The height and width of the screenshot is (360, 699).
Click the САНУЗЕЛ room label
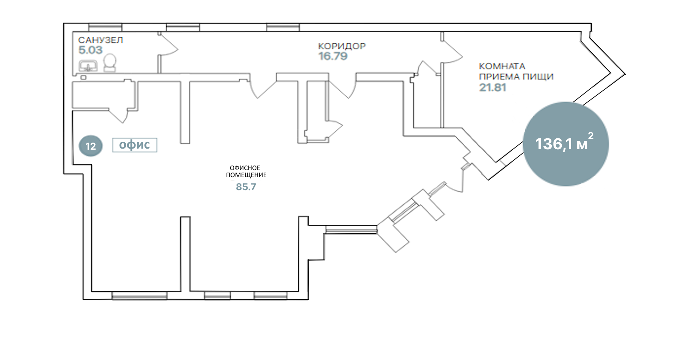[x=101, y=40]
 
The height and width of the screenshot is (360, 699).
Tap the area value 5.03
[x=90, y=50]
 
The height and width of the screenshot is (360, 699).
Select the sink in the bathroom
[x=88, y=66]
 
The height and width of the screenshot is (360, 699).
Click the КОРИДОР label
[x=342, y=46]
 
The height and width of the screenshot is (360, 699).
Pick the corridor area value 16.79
[x=333, y=56]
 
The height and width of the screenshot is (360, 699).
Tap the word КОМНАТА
[x=502, y=66]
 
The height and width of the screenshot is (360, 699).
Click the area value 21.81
[x=492, y=87]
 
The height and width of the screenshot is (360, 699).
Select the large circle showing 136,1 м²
[x=566, y=144]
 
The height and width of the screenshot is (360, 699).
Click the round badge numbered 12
[x=91, y=146]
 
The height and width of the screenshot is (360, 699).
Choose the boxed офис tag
[x=135, y=145]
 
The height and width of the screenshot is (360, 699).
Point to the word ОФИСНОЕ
[x=245, y=168]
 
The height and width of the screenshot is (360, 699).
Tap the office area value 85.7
[x=246, y=187]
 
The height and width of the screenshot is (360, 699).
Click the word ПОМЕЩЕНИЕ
[x=246, y=175]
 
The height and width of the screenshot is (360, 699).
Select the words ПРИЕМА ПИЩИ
[x=516, y=77]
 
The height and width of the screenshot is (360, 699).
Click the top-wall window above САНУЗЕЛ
[x=105, y=28]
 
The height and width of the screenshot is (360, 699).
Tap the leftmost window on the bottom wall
[x=139, y=295]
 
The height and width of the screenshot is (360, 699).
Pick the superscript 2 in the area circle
[x=591, y=136]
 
